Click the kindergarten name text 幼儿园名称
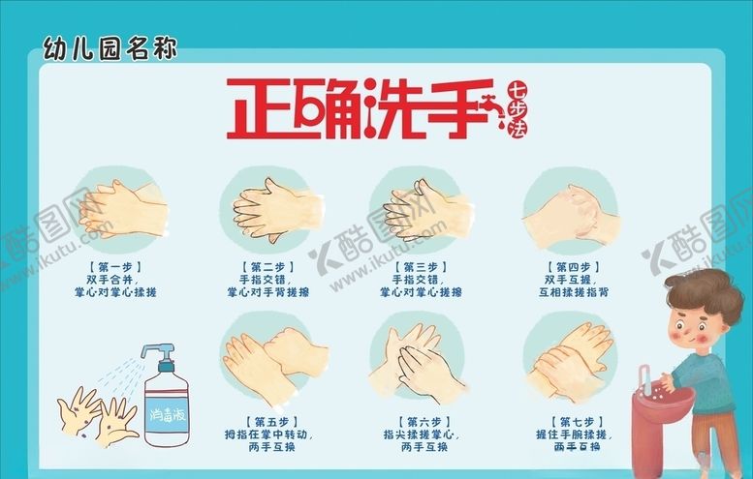click(110, 46)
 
